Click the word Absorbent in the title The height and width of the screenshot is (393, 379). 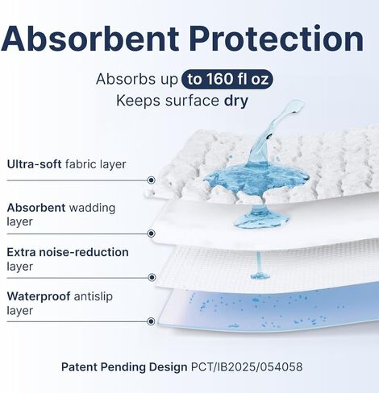pos(90,38)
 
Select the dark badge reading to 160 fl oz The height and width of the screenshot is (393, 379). pos(227,79)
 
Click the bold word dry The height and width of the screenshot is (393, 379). pos(236,101)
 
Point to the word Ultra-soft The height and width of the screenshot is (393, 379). pos(35,164)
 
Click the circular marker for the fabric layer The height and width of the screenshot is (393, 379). pos(152,180)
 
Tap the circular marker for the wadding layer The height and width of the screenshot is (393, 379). pos(152,234)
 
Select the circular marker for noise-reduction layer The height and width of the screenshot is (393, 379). pos(152,277)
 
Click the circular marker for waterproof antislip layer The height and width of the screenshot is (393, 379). pos(152,321)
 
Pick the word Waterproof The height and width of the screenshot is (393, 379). pos(39,296)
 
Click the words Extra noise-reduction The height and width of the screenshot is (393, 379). pos(68,252)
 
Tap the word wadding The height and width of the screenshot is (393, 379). pos(92,208)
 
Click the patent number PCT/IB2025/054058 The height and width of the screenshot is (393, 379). pos(247,367)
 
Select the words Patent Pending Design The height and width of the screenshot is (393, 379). pos(124,367)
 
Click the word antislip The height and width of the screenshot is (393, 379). pos(93,296)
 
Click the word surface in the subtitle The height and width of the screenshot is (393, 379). pos(192,101)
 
